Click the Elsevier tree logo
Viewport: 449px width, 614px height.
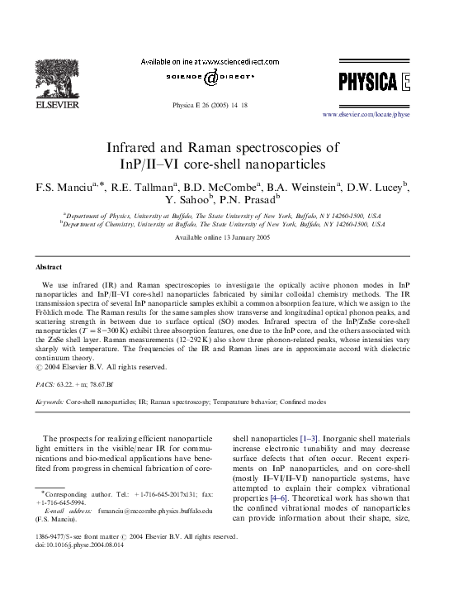tap(40, 73)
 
